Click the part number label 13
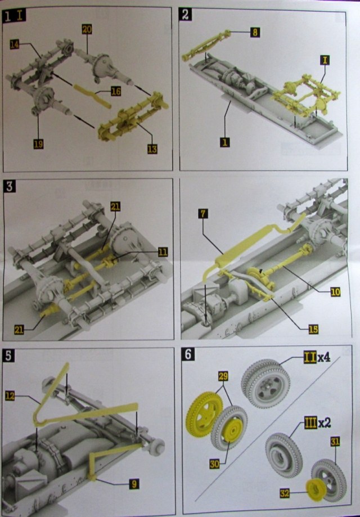pyautogui.click(x=151, y=149)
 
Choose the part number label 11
pyautogui.click(x=163, y=252)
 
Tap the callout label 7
pyautogui.click(x=203, y=213)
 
